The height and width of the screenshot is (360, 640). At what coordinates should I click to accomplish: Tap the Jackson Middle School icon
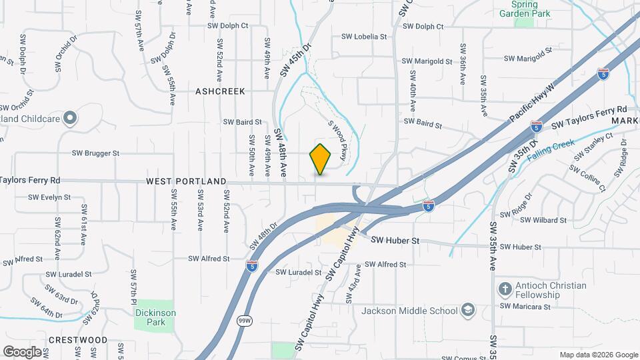(x=468, y=311)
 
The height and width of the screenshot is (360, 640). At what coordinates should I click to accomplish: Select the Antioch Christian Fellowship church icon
(x=505, y=289)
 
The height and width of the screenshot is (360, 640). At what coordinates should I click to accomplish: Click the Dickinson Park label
(x=155, y=317)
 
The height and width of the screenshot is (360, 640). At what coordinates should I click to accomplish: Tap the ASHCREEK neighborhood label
(x=221, y=91)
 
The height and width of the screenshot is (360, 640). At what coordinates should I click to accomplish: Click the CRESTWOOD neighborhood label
(x=78, y=340)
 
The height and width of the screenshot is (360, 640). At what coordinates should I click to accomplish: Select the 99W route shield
(x=245, y=321)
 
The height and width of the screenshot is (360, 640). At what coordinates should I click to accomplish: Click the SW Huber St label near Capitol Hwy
(x=395, y=240)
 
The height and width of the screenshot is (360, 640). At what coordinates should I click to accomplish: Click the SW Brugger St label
(x=97, y=153)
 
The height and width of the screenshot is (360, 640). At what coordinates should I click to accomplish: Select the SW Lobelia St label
(x=363, y=37)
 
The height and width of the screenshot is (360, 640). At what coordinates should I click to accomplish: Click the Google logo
(x=22, y=351)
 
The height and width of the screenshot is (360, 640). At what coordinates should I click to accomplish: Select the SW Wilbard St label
(x=544, y=220)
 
